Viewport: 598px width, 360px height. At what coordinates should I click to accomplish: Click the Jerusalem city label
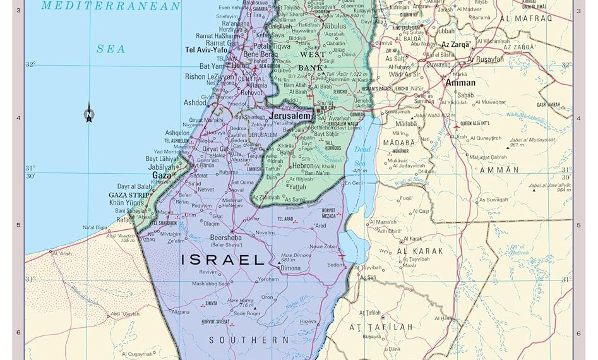(290, 117)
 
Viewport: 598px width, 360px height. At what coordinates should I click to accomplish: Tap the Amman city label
(460, 83)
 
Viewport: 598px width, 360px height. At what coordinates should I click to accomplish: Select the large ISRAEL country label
(222, 260)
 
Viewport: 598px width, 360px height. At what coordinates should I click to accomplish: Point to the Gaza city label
(161, 175)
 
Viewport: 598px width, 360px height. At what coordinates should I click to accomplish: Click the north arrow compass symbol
(89, 113)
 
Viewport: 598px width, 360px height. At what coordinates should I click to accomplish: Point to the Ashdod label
(194, 102)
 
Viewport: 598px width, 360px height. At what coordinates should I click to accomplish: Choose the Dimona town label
(290, 268)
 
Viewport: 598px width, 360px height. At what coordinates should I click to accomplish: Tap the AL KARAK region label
(420, 251)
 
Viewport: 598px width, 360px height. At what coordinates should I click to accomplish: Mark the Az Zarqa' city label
(455, 45)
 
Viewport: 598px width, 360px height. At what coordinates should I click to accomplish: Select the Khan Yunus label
(128, 203)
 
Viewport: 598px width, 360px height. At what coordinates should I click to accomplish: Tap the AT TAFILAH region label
(381, 327)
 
